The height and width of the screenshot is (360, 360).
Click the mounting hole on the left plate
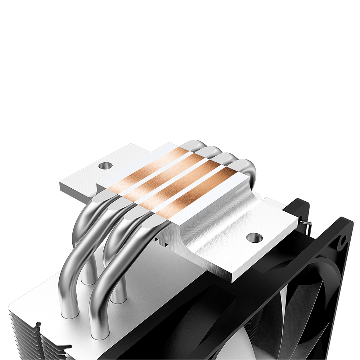[x=105, y=166]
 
